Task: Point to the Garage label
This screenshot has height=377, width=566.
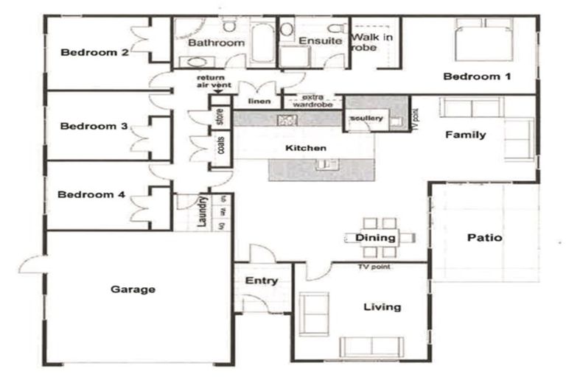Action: [x=133, y=289]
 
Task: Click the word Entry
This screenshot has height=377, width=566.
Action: [x=261, y=281]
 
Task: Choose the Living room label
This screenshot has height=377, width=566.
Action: [x=382, y=307]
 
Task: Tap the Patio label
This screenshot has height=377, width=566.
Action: [x=485, y=238]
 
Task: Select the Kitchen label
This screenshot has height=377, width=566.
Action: [x=305, y=149]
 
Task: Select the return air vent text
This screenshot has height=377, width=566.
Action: [x=213, y=82]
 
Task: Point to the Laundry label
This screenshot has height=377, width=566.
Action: [x=201, y=211]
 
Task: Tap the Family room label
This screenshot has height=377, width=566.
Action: [x=466, y=135]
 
